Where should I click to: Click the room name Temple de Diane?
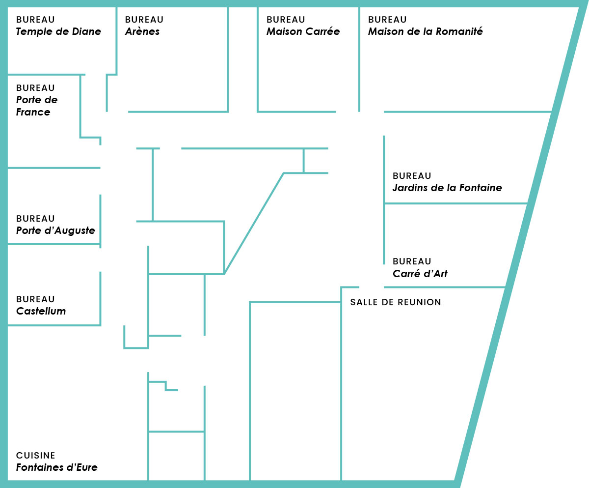click(x=58, y=31)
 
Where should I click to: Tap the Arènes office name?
click(x=142, y=31)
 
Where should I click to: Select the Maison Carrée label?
click(x=303, y=31)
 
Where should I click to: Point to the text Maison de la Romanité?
click(x=425, y=31)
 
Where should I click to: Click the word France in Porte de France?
click(x=33, y=112)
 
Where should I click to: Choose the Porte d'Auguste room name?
click(x=55, y=230)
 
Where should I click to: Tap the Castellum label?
click(x=41, y=311)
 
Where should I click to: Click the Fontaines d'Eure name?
click(x=57, y=467)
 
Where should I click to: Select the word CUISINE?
click(x=35, y=456)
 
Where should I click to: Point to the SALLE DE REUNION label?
click(x=396, y=302)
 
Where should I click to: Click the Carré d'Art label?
click(x=420, y=273)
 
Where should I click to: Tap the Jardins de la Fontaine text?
click(x=447, y=188)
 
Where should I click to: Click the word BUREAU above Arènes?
click(x=144, y=20)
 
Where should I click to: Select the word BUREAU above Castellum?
click(x=35, y=299)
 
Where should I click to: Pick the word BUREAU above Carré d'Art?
click(x=412, y=261)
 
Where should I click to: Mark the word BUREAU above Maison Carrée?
click(x=286, y=20)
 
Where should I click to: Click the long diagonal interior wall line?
click(x=254, y=224)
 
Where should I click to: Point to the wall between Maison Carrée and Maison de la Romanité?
click(x=359, y=59)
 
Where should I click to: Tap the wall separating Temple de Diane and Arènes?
click(x=116, y=41)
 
